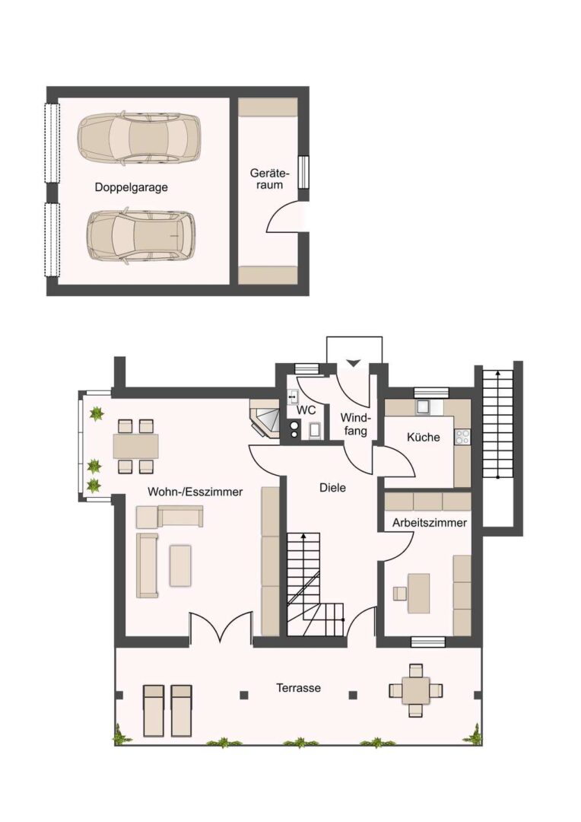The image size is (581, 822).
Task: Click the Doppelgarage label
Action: (131, 187)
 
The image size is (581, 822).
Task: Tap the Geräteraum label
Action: (270, 179)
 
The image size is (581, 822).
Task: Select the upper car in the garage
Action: (139, 137)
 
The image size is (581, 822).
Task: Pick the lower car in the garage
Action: (141, 236)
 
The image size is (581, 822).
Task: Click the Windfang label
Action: (356, 425)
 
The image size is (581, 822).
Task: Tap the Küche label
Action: (424, 437)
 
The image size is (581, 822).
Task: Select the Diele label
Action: (332, 488)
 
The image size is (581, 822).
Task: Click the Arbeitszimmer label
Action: (430, 523)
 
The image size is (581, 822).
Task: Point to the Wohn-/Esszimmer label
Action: (195, 492)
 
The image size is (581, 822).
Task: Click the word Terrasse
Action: (299, 687)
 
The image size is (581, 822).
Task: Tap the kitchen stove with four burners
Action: (462, 437)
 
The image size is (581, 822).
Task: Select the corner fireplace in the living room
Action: (266, 419)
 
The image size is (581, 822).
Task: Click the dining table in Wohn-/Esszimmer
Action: (136, 446)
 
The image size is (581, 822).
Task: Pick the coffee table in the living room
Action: (180, 566)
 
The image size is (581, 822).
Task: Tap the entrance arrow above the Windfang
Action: (353, 363)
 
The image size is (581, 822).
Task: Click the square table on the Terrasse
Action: (415, 690)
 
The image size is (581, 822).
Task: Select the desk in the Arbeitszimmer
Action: (418, 593)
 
